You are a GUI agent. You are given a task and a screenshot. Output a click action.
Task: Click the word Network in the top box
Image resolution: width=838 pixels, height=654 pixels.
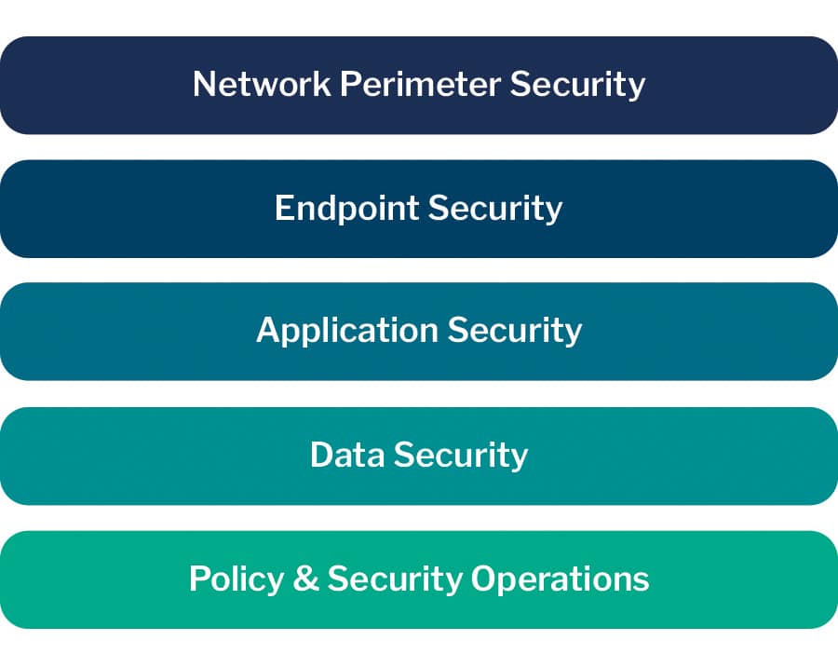coord(262,84)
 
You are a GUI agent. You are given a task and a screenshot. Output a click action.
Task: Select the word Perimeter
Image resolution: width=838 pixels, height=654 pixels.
coord(420,84)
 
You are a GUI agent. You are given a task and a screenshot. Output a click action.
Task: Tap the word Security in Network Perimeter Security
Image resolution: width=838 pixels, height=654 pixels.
coord(577,84)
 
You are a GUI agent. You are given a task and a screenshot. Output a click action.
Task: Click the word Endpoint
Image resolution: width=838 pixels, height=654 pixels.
coord(347,208)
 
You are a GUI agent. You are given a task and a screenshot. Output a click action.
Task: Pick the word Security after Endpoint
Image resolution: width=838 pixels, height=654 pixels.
coord(495,208)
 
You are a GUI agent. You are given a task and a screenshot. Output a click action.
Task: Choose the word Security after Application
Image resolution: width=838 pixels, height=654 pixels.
coord(515,331)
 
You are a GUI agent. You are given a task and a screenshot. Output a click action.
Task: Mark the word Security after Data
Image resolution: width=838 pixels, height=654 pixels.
coord(460,455)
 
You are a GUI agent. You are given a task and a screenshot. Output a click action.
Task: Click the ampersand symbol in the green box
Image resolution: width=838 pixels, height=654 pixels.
coord(305,579)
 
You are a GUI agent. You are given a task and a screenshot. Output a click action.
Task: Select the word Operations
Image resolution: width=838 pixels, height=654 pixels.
coord(560,579)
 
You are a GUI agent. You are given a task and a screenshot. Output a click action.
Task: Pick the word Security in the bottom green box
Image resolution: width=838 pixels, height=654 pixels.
coord(395,579)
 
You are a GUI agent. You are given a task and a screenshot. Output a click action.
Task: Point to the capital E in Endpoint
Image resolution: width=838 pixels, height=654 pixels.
coord(283,208)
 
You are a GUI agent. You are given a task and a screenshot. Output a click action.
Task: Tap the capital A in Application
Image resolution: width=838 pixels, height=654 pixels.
coord(267,331)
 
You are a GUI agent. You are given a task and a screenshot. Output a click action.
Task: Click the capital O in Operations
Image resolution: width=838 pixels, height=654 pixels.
coord(484,579)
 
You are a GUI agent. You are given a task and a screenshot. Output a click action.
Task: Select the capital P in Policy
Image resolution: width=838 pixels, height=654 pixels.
coord(198,579)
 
